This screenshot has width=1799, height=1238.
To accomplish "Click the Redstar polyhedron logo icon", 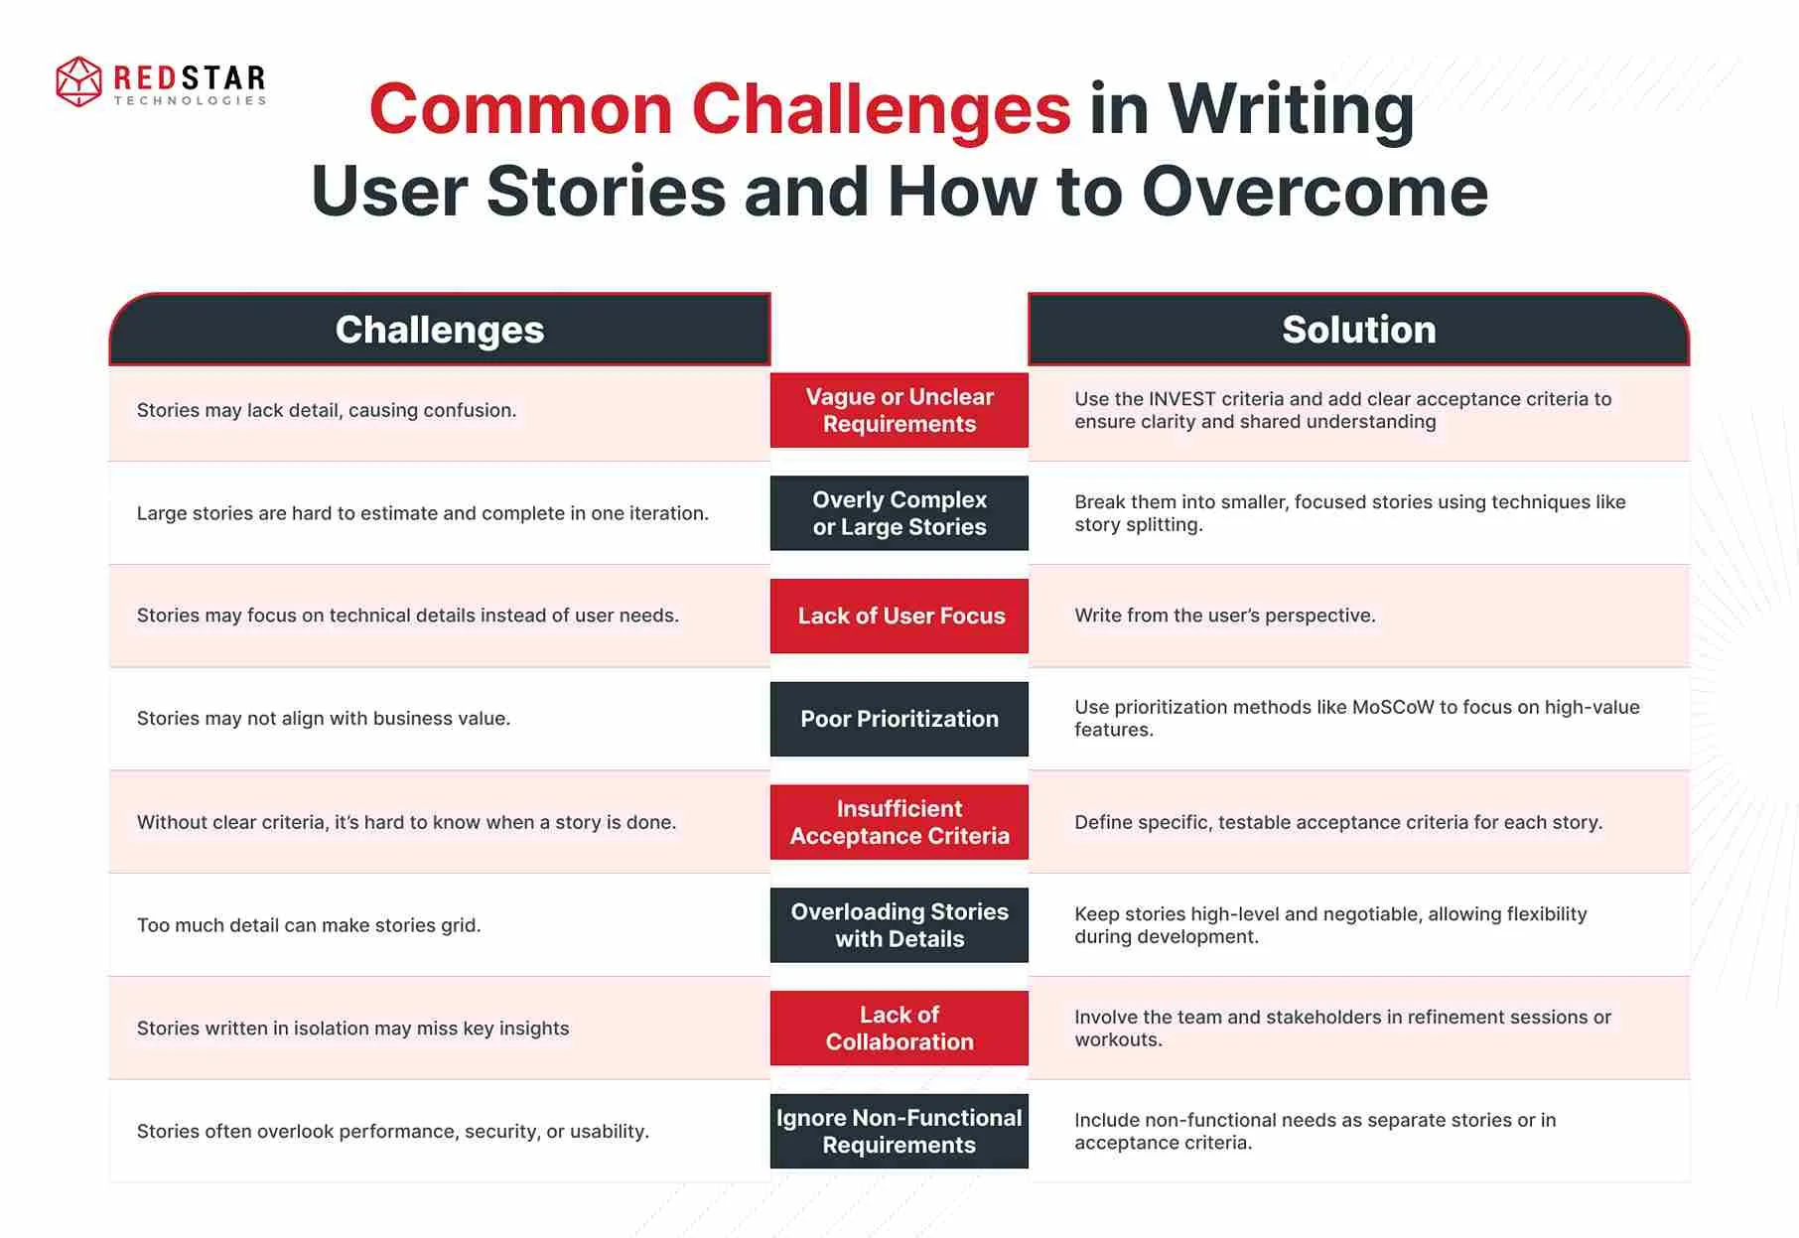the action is (78, 81).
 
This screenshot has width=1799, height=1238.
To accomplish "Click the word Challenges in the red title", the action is (881, 109).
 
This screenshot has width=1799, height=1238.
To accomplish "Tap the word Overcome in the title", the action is (1315, 191).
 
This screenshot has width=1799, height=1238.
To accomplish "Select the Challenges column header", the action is (440, 330).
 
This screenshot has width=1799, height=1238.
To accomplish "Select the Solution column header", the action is (1358, 330).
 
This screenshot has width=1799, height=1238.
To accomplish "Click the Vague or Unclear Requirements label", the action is (899, 410).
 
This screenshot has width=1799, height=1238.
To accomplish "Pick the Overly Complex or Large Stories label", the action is (899, 513).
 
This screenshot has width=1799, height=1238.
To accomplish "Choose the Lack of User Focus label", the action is (899, 616).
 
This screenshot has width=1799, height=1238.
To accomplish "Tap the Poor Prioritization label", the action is (899, 719).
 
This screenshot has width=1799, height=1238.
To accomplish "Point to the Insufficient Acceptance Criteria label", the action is (899, 822).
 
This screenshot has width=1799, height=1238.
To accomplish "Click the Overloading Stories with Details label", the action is (899, 925).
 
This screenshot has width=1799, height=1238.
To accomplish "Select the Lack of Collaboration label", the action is (899, 1029).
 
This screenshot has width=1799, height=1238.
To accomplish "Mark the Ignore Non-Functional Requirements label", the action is (899, 1132).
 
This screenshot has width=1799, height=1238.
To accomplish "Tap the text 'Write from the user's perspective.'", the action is (1225, 616).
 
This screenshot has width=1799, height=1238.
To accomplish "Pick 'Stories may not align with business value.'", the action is (324, 719).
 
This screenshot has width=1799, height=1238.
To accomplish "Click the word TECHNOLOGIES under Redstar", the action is (190, 100).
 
